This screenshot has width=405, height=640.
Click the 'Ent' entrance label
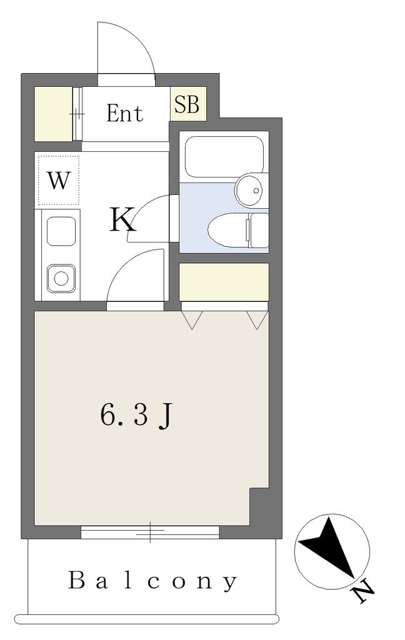(124, 114)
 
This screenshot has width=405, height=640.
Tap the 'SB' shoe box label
(187, 104)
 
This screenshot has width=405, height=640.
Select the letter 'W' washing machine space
(58, 180)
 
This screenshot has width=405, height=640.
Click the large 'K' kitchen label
(122, 220)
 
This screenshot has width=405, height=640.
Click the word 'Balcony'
(152, 581)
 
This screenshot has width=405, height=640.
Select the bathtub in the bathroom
(224, 157)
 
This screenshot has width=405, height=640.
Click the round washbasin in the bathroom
(250, 190)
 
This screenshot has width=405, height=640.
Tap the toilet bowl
(229, 231)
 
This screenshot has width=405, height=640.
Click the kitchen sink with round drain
(61, 278)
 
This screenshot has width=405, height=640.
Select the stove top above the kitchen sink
(61, 231)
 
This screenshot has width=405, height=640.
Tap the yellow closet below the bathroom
(224, 282)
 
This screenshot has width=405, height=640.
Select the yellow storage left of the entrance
(53, 114)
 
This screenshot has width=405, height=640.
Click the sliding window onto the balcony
(150, 532)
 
